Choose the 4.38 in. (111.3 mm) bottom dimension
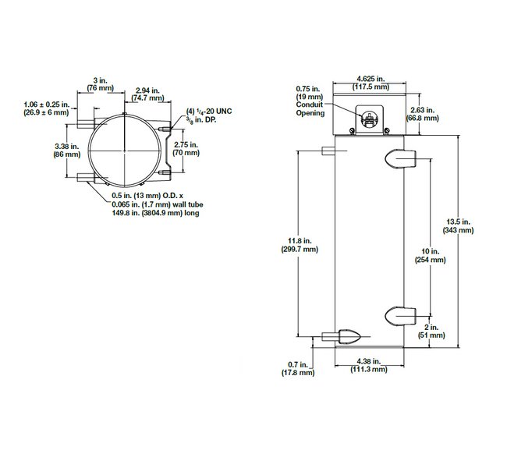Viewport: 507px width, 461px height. click(x=369, y=365)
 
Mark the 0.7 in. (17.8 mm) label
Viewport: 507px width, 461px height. click(x=300, y=368)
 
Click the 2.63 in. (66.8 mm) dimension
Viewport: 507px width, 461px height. click(x=424, y=115)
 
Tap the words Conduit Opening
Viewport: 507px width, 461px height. click(x=309, y=108)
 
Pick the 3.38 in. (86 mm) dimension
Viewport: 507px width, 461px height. click(x=67, y=150)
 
